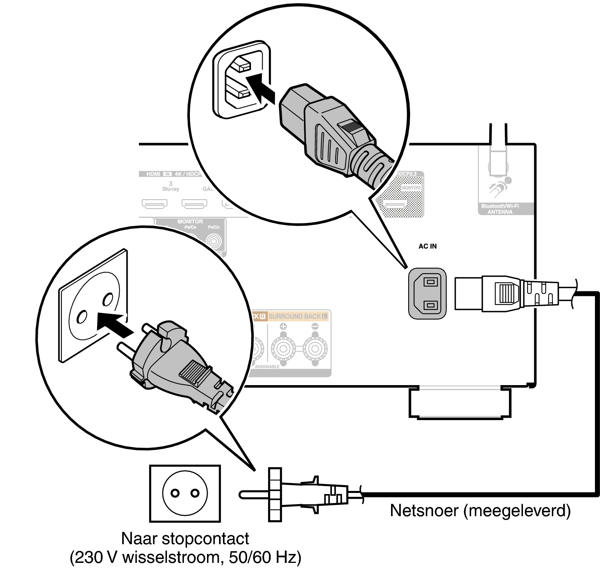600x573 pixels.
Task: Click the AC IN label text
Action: pyautogui.click(x=427, y=246)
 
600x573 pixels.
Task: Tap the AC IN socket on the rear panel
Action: pyautogui.click(x=427, y=294)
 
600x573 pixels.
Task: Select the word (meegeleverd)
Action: pyautogui.click(x=517, y=510)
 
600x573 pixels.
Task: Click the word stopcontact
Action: pyautogui.click(x=205, y=539)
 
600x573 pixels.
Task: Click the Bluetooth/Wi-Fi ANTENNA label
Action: pyautogui.click(x=500, y=209)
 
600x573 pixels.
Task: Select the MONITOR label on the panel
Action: pyautogui.click(x=190, y=221)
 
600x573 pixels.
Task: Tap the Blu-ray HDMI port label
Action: pyautogui.click(x=170, y=189)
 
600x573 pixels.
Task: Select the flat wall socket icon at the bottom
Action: pyautogui.click(x=185, y=493)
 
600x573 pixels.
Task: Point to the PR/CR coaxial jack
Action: pyautogui.click(x=214, y=241)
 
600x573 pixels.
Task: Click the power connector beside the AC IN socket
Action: pyautogui.click(x=506, y=294)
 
